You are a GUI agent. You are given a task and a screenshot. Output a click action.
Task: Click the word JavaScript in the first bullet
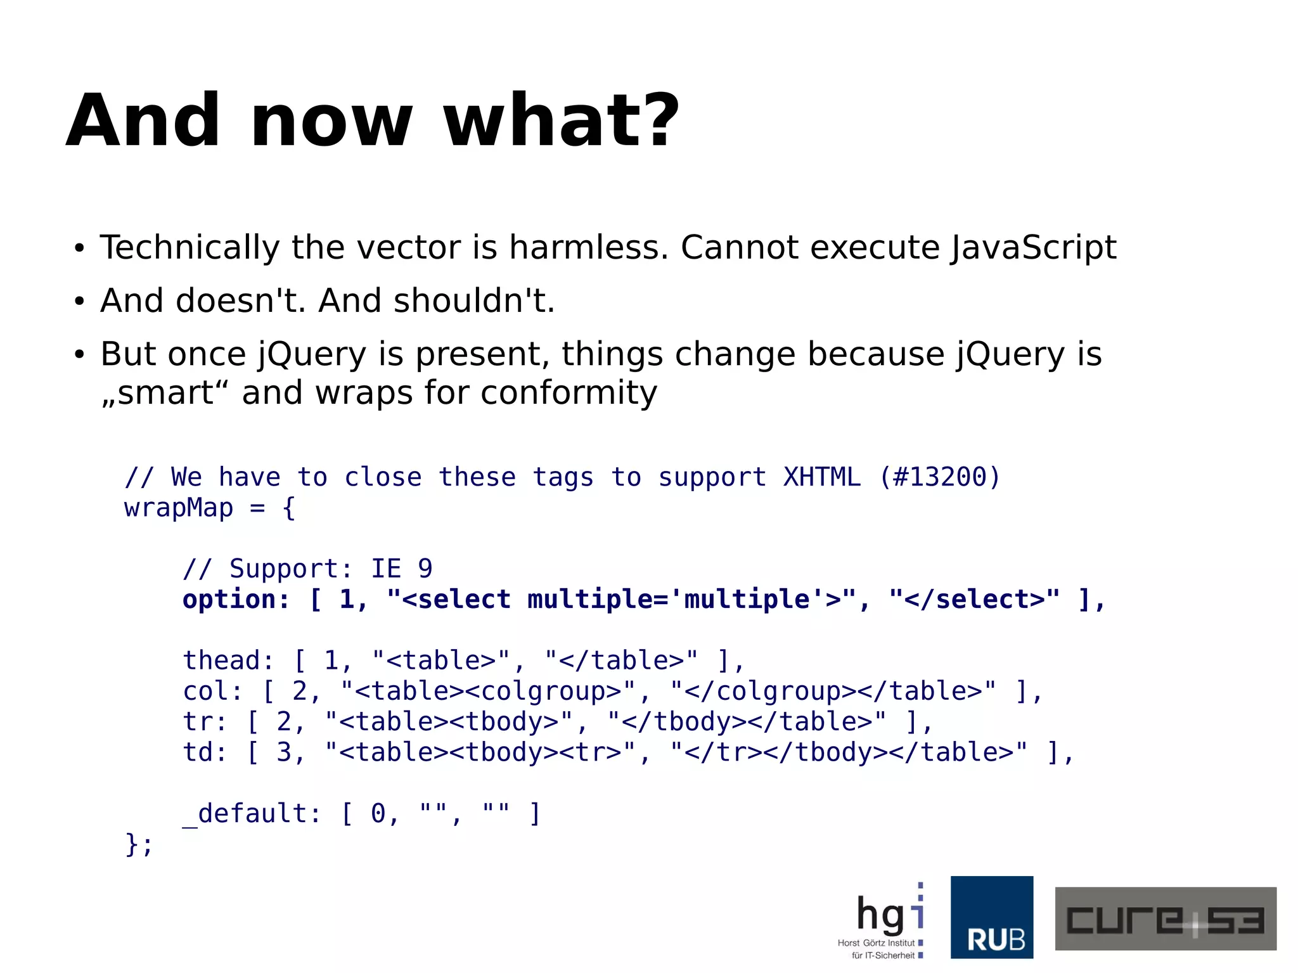point(1033,247)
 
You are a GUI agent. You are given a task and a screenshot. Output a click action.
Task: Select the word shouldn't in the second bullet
point(473,300)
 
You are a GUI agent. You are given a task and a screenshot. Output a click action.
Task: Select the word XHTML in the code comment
point(821,477)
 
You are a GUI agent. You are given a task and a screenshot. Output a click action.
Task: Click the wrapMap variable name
point(179,508)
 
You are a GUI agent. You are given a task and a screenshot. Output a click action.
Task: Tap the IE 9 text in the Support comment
point(401,569)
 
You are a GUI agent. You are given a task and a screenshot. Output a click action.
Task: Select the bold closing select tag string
point(974,600)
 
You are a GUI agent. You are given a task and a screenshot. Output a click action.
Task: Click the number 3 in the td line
point(284,752)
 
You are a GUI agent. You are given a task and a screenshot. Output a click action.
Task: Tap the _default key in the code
point(252,813)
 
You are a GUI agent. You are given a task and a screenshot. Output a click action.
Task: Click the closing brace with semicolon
point(139,844)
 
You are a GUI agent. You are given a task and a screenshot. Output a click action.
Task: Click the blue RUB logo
point(991,917)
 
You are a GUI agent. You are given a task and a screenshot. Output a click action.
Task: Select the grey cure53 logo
point(1165,918)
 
